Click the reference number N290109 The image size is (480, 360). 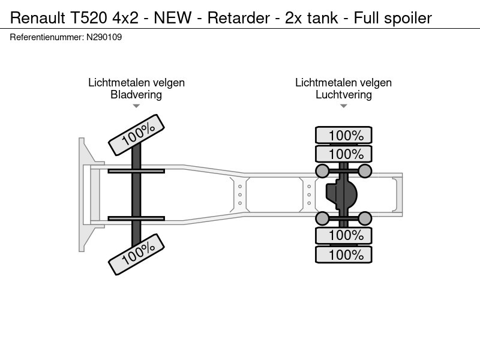[x=105, y=37]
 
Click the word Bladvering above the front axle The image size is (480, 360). [x=136, y=94]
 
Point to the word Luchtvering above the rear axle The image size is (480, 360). [x=343, y=94]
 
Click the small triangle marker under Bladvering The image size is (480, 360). [x=136, y=106]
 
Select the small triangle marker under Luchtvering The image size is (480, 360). [x=343, y=106]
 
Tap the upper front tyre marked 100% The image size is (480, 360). [x=136, y=136]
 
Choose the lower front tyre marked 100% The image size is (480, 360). [x=136, y=254]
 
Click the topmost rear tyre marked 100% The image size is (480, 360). [x=344, y=135]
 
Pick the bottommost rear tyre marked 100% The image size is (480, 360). [x=344, y=254]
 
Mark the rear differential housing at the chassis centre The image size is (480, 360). [x=341, y=194]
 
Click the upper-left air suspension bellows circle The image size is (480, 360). [x=322, y=171]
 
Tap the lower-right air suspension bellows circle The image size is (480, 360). [x=365, y=218]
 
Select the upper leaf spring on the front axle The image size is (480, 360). [x=136, y=171]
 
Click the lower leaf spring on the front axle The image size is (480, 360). [x=136, y=218]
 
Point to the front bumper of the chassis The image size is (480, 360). [x=83, y=194]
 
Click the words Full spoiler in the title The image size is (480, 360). [x=393, y=17]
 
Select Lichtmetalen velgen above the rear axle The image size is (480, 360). [x=343, y=83]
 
